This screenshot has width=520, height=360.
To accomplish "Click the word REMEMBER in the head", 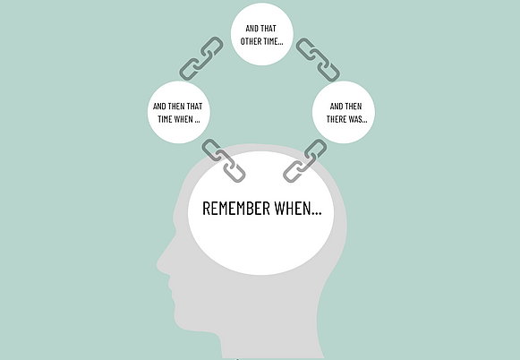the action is [x=236, y=209].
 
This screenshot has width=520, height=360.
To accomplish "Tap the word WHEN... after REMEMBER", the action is [x=298, y=209].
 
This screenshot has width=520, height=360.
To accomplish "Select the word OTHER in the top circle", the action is [x=251, y=41].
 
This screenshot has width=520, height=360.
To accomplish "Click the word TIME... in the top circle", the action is [x=273, y=41].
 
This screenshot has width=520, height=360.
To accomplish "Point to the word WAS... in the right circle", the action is [x=357, y=119].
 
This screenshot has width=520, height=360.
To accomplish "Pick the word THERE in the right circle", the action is [x=336, y=119].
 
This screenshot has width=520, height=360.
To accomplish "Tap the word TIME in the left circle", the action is [x=166, y=119].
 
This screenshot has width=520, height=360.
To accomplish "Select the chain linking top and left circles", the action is [x=201, y=58].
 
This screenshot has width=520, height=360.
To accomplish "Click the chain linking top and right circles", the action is [x=318, y=60].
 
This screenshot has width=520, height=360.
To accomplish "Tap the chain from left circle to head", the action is [x=224, y=160].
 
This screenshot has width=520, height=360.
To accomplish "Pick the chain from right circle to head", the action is [x=305, y=160].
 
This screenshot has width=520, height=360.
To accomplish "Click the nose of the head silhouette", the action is [x=160, y=265].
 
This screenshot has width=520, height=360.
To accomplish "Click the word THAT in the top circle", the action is [x=269, y=29].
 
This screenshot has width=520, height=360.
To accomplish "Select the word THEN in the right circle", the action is [x=353, y=107].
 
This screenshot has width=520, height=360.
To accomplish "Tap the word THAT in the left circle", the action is [x=195, y=107].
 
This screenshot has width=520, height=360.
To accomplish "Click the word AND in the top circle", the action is [x=252, y=29].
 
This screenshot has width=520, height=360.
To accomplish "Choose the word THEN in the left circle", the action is [x=176, y=107].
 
